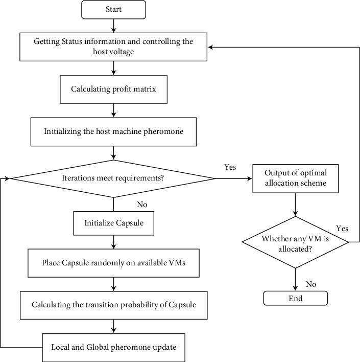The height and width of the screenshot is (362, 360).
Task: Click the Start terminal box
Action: tap(113, 9)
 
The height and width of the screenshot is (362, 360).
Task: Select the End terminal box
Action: tap(295, 298)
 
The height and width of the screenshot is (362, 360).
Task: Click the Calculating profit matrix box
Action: tap(113, 89)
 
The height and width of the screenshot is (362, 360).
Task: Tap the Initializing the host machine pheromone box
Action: tap(113, 131)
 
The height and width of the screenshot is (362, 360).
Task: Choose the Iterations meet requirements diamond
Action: tap(113, 178)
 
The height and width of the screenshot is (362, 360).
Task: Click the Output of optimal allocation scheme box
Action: tap(295, 178)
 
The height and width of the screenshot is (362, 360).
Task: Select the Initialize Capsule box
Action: tap(113, 223)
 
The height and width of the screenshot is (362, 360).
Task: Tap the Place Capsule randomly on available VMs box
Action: tap(113, 263)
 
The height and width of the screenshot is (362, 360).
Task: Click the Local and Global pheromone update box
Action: tap(113, 347)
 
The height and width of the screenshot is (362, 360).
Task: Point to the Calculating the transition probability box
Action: tap(113, 305)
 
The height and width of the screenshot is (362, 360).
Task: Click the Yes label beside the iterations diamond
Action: tap(230, 167)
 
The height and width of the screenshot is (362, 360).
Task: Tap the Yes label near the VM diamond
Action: tap(342, 228)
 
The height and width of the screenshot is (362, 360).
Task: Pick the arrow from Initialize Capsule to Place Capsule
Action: tap(113, 242)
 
